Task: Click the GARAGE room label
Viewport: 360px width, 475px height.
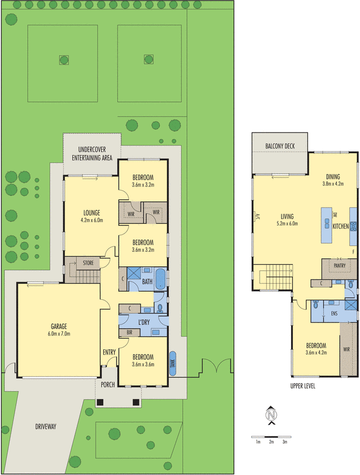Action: coord(58,327)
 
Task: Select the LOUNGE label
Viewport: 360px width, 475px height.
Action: coord(91,213)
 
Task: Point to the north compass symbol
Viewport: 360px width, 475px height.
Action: coord(271,416)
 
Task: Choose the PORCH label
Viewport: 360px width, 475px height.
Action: coord(108,384)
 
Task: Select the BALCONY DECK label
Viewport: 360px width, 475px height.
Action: coord(279,146)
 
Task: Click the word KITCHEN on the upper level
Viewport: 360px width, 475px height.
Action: coord(340,227)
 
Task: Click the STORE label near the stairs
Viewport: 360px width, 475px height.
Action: coord(88,262)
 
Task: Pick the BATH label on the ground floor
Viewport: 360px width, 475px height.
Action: coord(147,282)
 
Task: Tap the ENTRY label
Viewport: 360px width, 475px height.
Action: coord(109,352)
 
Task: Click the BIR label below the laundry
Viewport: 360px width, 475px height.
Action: coord(129,333)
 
